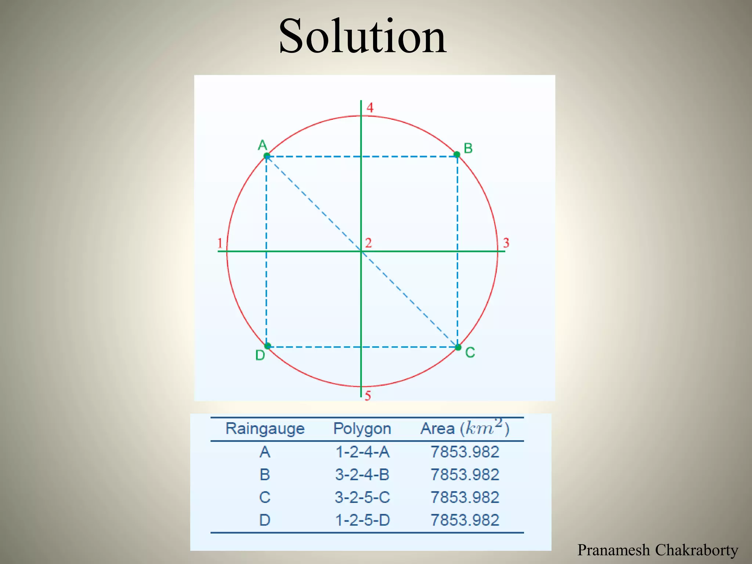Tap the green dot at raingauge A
click(267, 156)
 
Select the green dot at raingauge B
click(457, 155)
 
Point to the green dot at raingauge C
click(458, 347)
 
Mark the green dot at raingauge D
click(268, 346)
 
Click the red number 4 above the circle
click(370, 108)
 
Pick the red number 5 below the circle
click(368, 395)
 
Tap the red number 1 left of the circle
click(220, 243)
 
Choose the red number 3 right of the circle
click(506, 243)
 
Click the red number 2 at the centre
click(368, 243)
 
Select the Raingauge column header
click(265, 429)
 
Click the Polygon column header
click(362, 429)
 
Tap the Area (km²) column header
click(464, 428)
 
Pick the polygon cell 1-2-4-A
click(362, 452)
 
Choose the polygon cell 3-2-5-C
click(362, 498)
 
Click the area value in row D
click(464, 520)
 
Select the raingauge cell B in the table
click(265, 475)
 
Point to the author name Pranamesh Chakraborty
click(657, 550)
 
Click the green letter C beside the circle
click(470, 352)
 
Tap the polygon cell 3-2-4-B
click(362, 475)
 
